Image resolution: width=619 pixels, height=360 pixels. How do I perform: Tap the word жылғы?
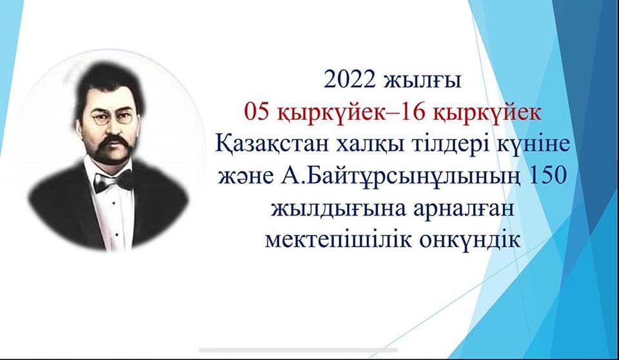(x=422, y=82)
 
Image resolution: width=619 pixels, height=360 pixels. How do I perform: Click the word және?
(x=245, y=176)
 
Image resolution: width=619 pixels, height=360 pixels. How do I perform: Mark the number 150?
(x=547, y=176)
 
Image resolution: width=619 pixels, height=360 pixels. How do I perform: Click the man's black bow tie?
(x=112, y=181)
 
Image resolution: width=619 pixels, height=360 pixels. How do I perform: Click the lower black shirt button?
(x=117, y=235)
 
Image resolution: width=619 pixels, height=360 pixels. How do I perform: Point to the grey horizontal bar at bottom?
(x=298, y=350)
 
